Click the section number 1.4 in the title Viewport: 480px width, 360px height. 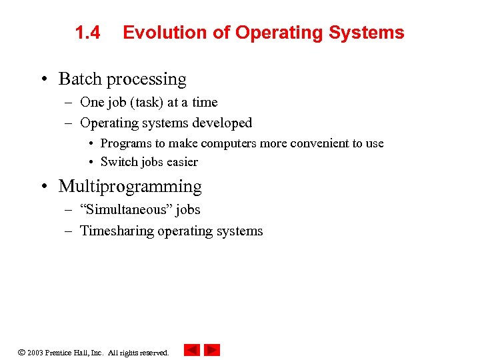click(87, 33)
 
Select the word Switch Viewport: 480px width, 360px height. click(119, 162)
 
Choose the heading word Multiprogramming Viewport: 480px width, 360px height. click(130, 187)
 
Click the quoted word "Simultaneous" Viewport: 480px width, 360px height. click(125, 210)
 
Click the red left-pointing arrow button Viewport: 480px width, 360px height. click(192, 350)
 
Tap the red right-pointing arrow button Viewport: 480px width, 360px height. click(212, 350)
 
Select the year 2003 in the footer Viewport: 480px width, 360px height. click(35, 353)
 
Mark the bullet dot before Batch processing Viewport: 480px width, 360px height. click(43, 79)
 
